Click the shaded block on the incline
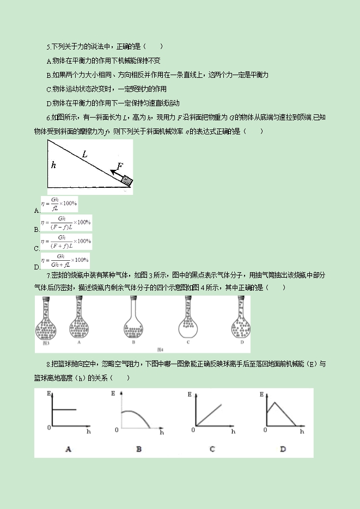(126, 180)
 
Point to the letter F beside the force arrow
(120, 166)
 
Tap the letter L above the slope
(84, 155)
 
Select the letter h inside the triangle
(53, 164)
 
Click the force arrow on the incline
(115, 174)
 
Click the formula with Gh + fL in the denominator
(65, 260)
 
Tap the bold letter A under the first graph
(68, 449)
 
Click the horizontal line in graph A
(63, 409)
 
